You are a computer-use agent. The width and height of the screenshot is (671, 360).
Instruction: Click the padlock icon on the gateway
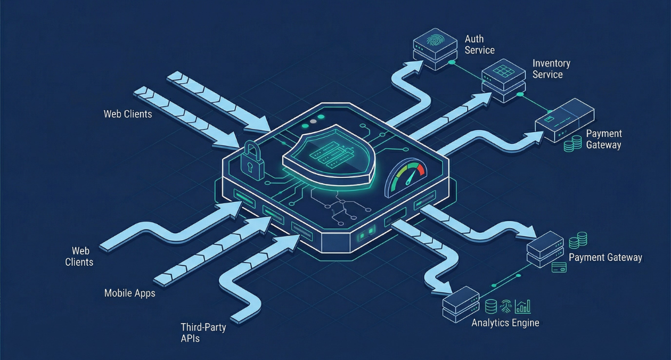point(252,160)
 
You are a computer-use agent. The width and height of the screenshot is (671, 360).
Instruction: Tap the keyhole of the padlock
point(250,167)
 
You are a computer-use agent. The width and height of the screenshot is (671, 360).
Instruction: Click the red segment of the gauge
point(421,171)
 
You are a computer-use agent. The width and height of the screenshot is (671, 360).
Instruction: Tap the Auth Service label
point(479,45)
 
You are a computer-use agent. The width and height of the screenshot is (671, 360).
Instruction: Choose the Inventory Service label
point(551,69)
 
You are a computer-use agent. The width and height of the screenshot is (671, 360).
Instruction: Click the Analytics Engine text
point(505,323)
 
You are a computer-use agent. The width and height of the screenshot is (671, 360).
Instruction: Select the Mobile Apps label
point(130,293)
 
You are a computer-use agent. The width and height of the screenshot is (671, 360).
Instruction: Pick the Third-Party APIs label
point(203,332)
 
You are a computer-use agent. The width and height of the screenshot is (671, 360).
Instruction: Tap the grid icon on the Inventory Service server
point(501,70)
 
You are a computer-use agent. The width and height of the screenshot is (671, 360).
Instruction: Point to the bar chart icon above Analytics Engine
point(523,306)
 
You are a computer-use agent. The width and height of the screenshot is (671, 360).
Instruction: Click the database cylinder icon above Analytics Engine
point(491,306)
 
